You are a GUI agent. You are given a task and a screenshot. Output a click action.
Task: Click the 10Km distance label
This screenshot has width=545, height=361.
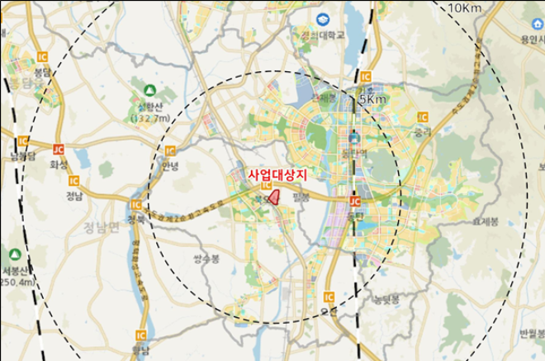pos(465,7)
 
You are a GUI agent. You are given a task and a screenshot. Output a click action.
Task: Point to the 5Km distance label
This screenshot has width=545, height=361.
pos(372,99)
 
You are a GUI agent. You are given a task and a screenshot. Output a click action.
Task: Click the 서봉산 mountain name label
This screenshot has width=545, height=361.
pos(17,270)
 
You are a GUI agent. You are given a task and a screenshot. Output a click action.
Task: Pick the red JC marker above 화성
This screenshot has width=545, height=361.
pos(58,149)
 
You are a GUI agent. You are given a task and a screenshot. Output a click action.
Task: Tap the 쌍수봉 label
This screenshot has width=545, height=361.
pos(207,258)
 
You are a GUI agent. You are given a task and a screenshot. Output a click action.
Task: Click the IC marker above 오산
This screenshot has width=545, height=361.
pos(329,297)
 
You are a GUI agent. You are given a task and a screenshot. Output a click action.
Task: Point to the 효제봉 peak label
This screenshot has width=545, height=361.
pos(485,221)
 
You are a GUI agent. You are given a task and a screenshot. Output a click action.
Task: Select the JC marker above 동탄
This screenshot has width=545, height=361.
pos(355,201)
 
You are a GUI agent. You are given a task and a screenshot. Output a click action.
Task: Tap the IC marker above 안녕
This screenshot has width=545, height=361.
pos(170,150)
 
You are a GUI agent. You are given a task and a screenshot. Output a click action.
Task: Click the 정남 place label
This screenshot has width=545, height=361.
pos(74,196)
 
